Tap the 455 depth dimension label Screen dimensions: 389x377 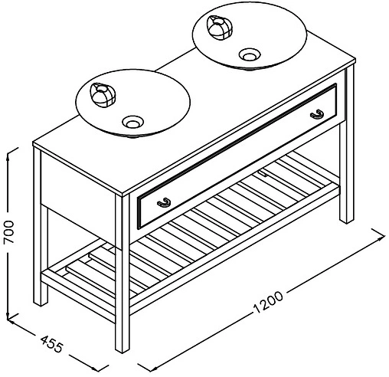pos(51,344)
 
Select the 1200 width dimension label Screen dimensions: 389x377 pos(269,302)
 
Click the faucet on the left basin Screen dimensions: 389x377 pos(103,95)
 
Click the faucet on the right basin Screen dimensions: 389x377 pos(220,28)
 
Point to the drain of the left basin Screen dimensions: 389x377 pos(132,122)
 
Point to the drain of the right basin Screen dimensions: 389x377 pos(250,54)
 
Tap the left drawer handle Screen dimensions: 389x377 pos(164,202)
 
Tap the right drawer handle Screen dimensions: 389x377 pos(317,114)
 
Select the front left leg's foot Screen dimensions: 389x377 pos(41,302)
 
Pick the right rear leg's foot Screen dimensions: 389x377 pos(347,219)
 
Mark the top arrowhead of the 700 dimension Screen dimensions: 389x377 pos(8,156)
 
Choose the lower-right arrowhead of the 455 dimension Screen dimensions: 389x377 pos(95,369)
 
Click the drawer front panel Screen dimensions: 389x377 pos(237,156)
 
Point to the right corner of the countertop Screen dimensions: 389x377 pos(355,61)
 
